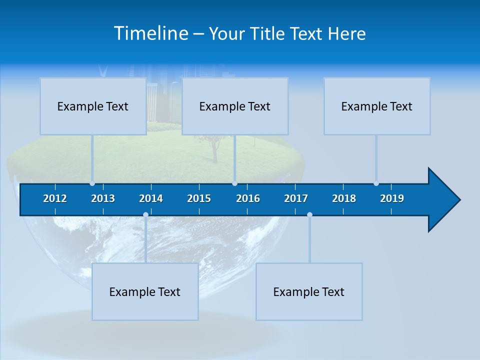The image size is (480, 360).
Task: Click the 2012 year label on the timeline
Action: click(x=55, y=198)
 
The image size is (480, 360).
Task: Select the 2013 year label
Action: click(x=103, y=198)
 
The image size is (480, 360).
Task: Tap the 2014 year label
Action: click(x=151, y=198)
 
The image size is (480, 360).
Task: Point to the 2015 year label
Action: click(x=199, y=198)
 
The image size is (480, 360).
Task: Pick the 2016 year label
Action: click(x=248, y=198)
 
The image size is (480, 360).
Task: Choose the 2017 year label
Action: click(x=296, y=198)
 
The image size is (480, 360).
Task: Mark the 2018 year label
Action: click(x=344, y=198)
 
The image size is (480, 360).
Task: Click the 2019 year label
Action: click(x=392, y=198)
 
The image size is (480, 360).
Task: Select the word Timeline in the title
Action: click(x=150, y=33)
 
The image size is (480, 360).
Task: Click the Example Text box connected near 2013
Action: click(x=93, y=106)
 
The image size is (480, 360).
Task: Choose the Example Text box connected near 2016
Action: click(x=235, y=106)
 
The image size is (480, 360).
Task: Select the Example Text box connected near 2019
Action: click(x=377, y=106)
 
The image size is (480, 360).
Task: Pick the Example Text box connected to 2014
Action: click(x=145, y=291)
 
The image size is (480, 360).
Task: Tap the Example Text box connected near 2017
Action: click(x=309, y=291)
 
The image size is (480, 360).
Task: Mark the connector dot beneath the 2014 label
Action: click(x=145, y=215)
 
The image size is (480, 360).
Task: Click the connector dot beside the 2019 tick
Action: click(x=376, y=183)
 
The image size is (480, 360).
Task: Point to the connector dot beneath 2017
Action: click(x=309, y=215)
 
